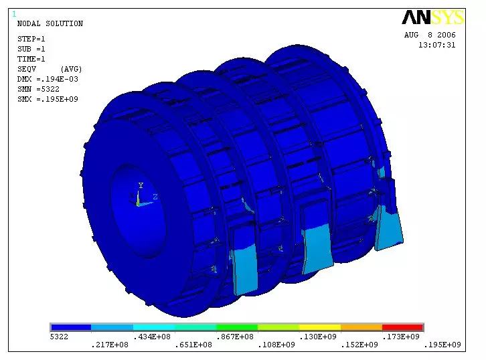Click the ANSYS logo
pyautogui.click(x=432, y=18)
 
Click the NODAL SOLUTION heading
pyautogui.click(x=50, y=24)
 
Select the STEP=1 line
pyautogui.click(x=31, y=39)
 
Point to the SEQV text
pyautogui.click(x=27, y=69)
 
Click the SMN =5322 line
pyautogui.click(x=37, y=89)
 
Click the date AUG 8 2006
pyautogui.click(x=430, y=35)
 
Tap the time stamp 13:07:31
pyautogui.click(x=436, y=45)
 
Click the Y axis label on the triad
pyautogui.click(x=141, y=185)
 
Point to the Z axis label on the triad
pyautogui.click(x=155, y=197)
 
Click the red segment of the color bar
pyautogui.click(x=402, y=327)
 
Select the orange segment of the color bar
pyautogui.click(x=361, y=327)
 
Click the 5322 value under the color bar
pyautogui.click(x=60, y=337)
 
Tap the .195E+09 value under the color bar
pyautogui.click(x=442, y=345)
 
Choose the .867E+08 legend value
pyautogui.click(x=235, y=337)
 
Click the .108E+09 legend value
pyautogui.click(x=277, y=345)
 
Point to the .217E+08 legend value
pyautogui.click(x=110, y=345)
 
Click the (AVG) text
pyautogui.click(x=71, y=69)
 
